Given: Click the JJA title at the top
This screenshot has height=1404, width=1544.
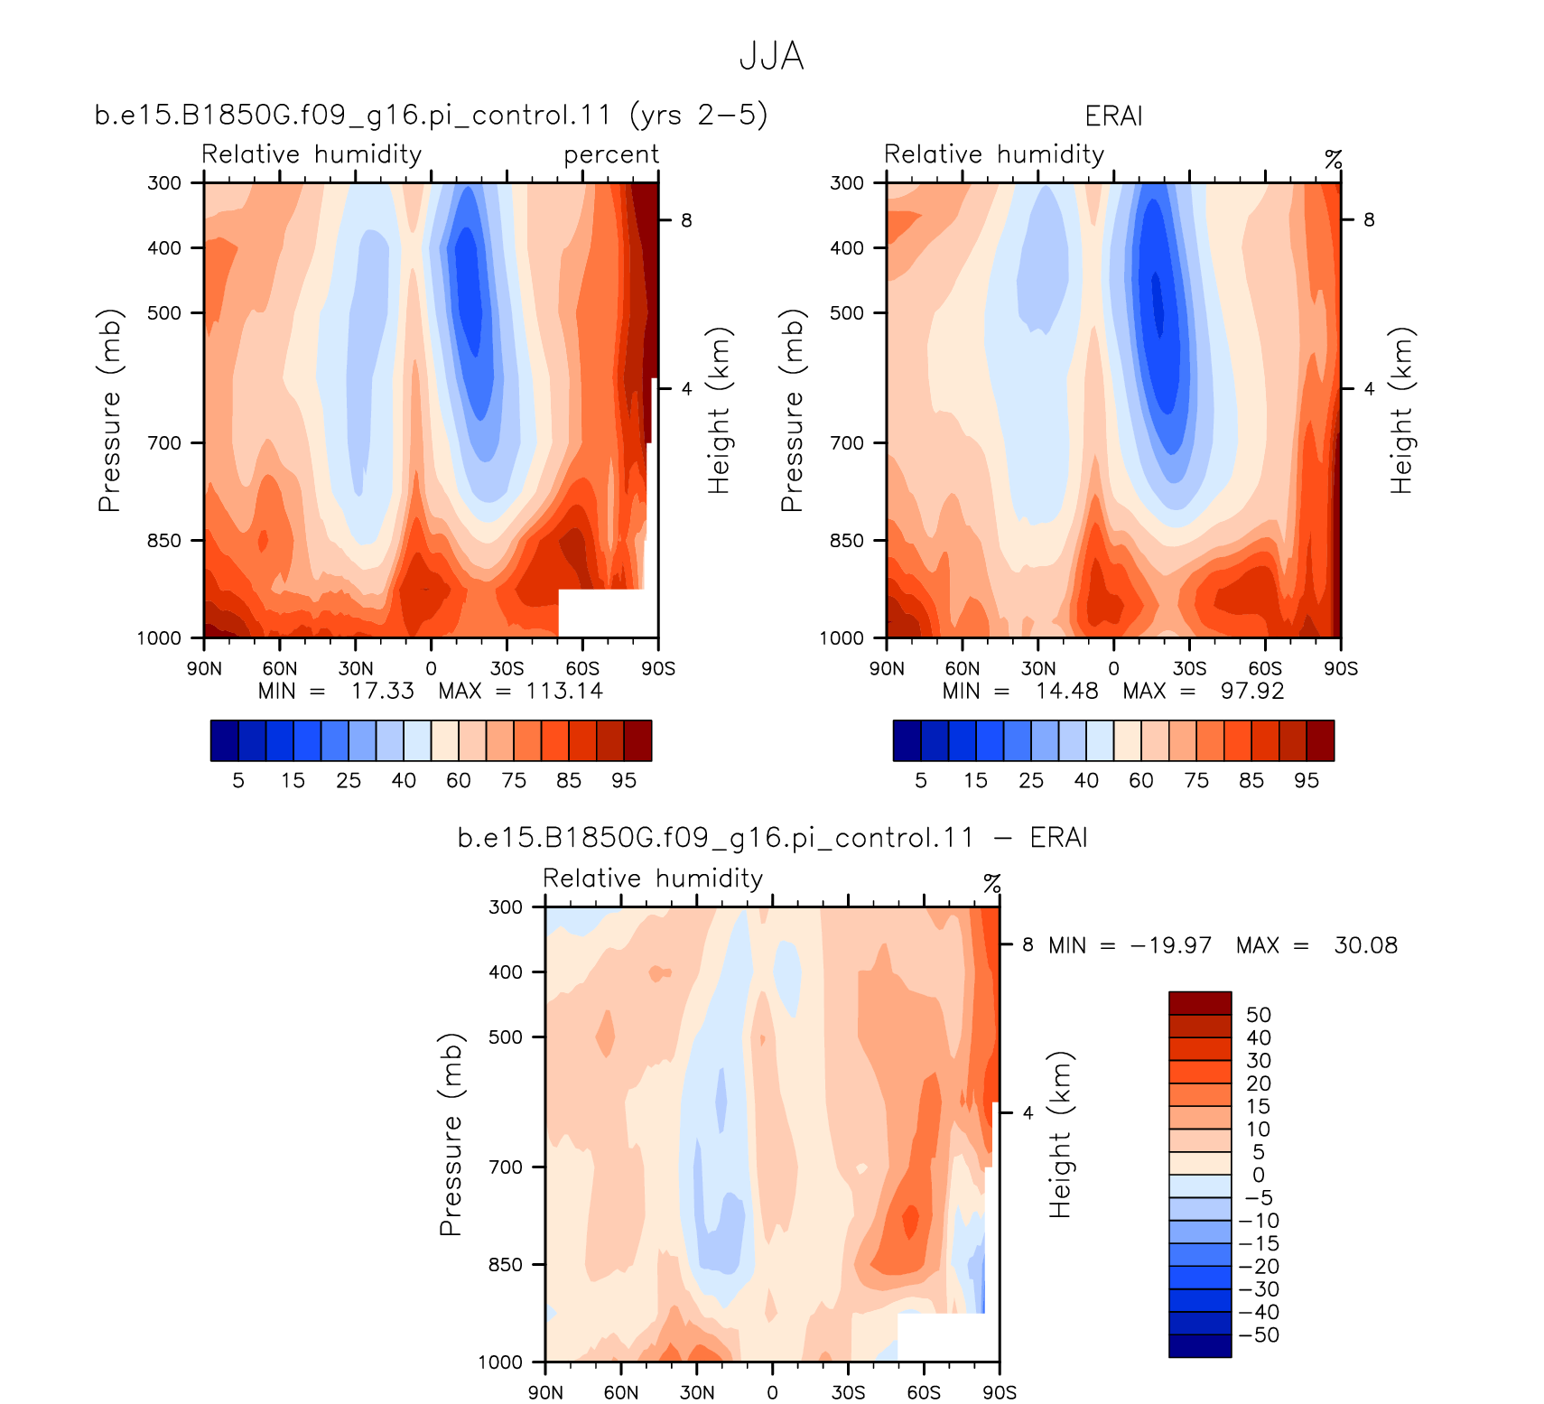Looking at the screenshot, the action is [x=771, y=57].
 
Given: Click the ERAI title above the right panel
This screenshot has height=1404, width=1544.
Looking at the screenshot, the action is [x=1113, y=116].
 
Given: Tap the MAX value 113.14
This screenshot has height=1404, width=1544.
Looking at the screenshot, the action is [x=564, y=691].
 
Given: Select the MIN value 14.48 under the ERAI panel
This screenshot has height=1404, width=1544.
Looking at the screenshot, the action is [x=1067, y=691].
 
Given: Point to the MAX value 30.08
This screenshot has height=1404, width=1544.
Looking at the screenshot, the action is [x=1365, y=945].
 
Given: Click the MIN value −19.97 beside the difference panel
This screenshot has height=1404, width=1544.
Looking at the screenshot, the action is [x=1171, y=945].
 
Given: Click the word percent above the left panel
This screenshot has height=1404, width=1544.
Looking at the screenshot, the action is [x=611, y=155].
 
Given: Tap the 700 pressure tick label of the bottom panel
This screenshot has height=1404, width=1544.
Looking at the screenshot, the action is [x=506, y=1167].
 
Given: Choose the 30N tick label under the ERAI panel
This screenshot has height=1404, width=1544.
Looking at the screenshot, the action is [x=1037, y=669].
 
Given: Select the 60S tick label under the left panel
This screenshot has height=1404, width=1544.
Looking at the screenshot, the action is [x=582, y=669].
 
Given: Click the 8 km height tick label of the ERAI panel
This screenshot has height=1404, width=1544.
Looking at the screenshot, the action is [x=1369, y=219].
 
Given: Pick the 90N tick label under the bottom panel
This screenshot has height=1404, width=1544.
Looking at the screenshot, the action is [x=545, y=1392].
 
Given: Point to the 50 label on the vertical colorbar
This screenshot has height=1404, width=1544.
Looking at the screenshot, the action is [x=1259, y=1015].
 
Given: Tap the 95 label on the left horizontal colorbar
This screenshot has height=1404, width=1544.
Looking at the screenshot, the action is [x=624, y=781].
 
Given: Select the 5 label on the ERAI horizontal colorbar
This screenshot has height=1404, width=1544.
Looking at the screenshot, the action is [x=921, y=781].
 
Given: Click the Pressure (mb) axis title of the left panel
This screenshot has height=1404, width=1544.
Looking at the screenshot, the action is [x=109, y=411].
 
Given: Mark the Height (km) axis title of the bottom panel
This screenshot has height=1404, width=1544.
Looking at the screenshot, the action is [x=1061, y=1135].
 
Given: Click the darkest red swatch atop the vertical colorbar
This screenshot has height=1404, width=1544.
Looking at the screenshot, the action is [x=1200, y=1003].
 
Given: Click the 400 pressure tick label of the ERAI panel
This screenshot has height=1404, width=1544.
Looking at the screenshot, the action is [x=847, y=247].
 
